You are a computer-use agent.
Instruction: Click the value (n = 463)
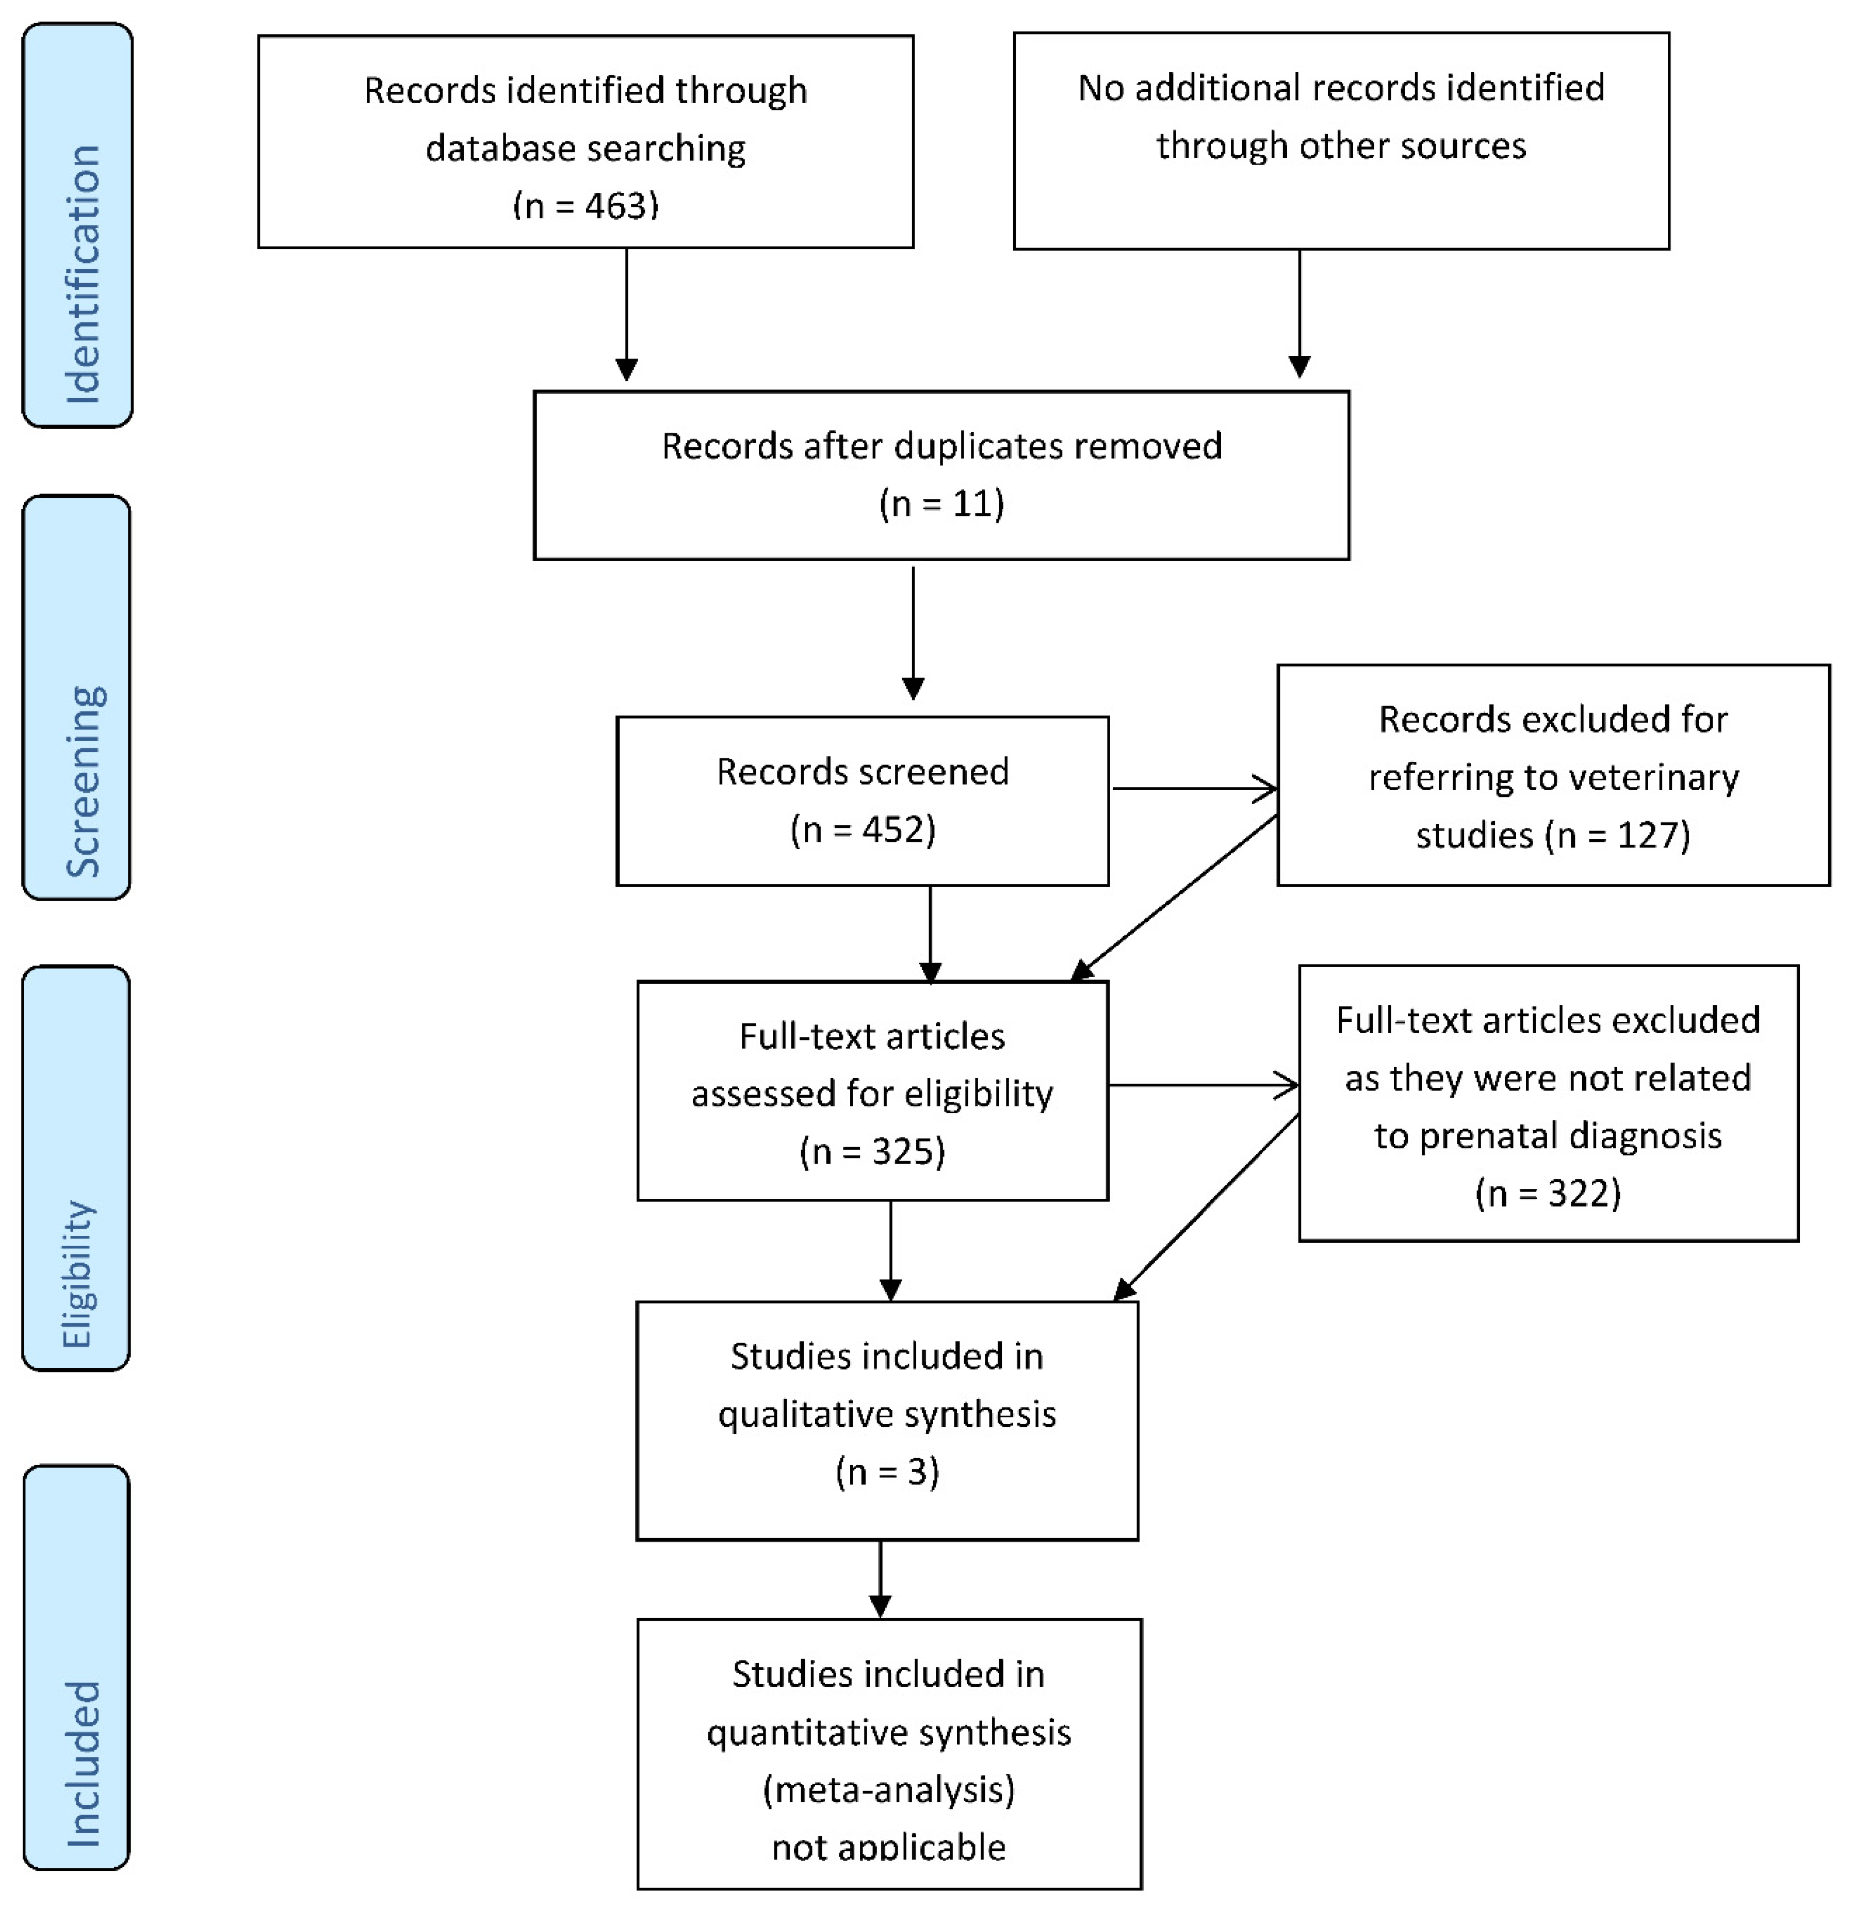pos(586,205)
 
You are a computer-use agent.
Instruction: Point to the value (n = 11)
pos(941,503)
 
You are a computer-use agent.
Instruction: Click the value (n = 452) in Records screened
pos(862,829)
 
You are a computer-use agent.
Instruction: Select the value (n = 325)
pos(872,1151)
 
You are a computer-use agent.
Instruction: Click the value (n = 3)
pos(887,1471)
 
